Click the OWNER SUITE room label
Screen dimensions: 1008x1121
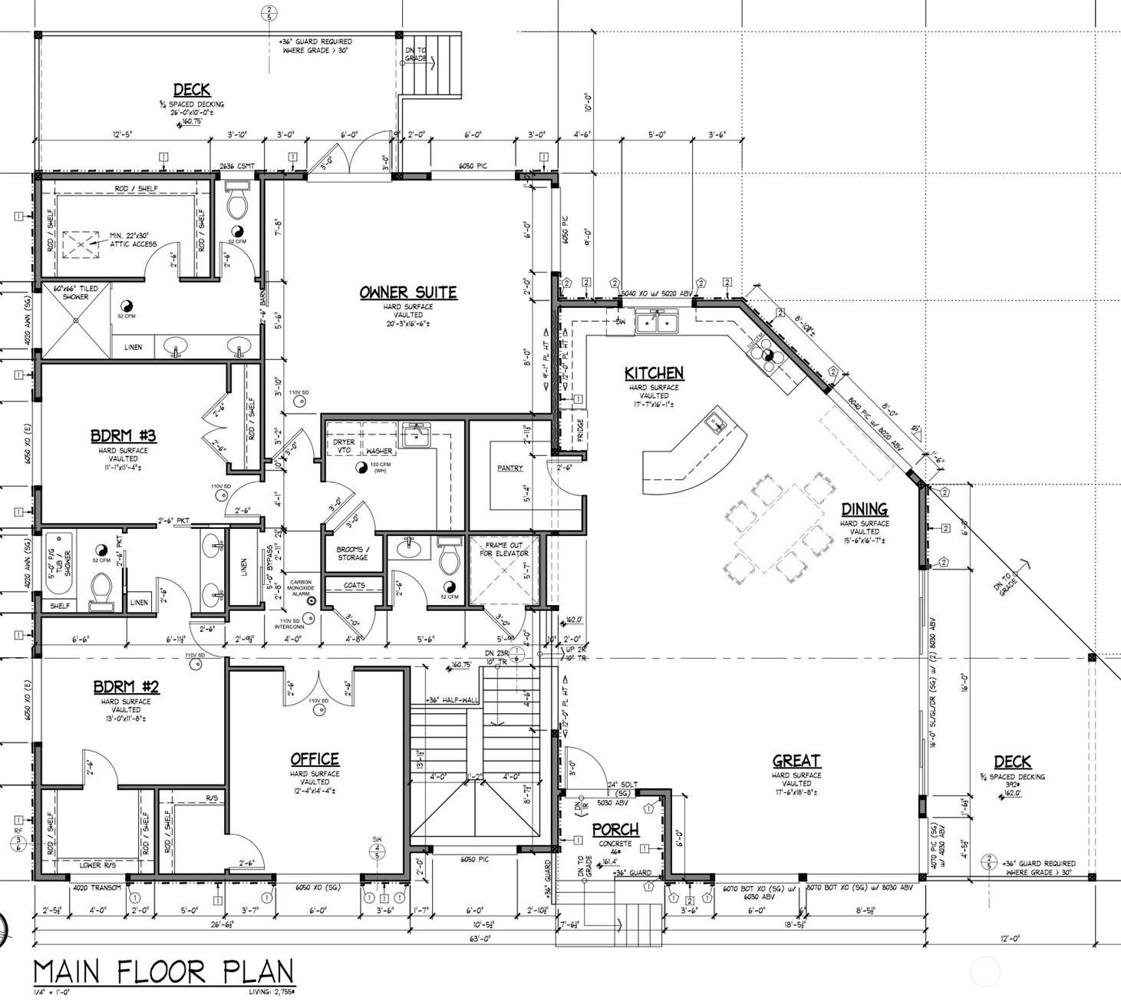408,292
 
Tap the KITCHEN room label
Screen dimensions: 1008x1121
654,373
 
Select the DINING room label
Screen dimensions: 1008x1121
864,509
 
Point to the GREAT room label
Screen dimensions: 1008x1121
796,761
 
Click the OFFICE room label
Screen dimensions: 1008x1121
315,759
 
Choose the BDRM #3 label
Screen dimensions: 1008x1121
124,436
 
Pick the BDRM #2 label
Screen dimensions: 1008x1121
126,686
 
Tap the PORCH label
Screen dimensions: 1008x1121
615,830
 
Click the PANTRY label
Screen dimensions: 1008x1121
509,468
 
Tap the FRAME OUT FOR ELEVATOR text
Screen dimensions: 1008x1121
504,549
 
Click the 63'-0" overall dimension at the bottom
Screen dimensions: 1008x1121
481,939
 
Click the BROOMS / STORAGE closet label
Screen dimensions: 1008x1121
353,554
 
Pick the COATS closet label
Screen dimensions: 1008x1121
354,586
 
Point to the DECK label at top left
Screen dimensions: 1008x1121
191,90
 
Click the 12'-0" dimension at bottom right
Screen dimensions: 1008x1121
1011,938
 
